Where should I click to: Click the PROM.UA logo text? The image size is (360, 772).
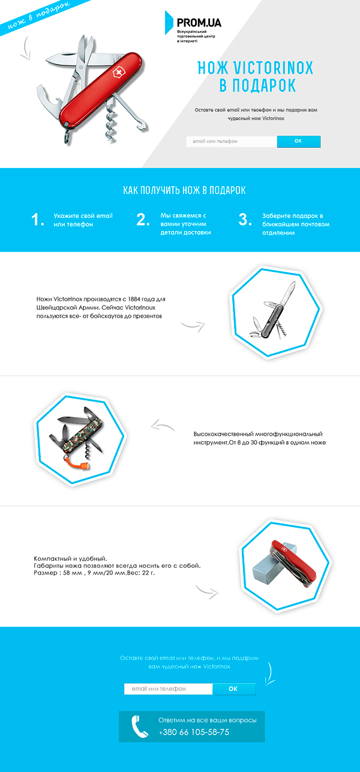pos(199,23)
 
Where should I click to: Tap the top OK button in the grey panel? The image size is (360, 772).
pos(299,141)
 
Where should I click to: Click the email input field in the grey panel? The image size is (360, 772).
pos(232,141)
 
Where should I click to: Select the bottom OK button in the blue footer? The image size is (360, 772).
pos(234,689)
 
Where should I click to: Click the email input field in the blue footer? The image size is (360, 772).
pos(168,689)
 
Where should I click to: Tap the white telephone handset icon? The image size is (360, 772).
pos(140,726)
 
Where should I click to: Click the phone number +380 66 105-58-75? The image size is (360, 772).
pos(194,732)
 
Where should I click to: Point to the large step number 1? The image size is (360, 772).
pos(37,220)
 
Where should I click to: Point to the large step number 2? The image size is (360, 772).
pos(143,219)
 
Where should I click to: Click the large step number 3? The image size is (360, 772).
pos(245,219)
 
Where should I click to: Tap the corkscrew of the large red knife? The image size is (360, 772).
pos(110,120)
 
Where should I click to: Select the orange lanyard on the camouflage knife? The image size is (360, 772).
pos(74,460)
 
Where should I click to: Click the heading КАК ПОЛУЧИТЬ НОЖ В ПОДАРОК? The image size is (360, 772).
pos(184,190)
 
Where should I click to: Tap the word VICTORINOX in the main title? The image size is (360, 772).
pos(273,68)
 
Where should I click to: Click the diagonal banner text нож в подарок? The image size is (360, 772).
pos(38,16)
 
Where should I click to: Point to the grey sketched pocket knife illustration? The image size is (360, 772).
pos(273,310)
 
